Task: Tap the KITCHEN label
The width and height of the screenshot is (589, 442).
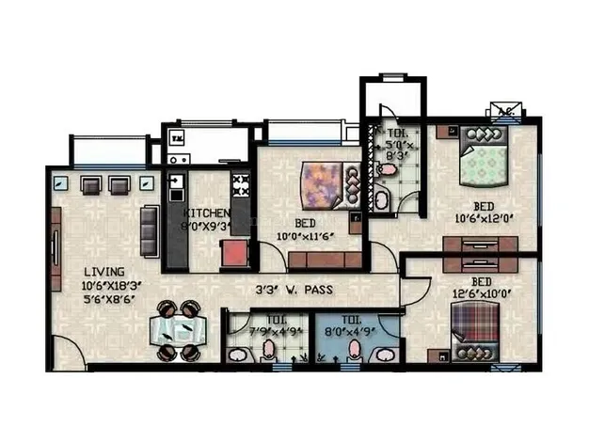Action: pos(206,213)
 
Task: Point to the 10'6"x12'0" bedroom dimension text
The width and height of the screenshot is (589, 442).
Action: pos(485,219)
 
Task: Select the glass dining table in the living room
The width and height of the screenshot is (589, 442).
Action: pos(179,331)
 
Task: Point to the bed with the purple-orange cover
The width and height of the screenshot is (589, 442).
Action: pos(325,185)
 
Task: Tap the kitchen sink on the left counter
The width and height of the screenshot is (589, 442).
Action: pos(176,185)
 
